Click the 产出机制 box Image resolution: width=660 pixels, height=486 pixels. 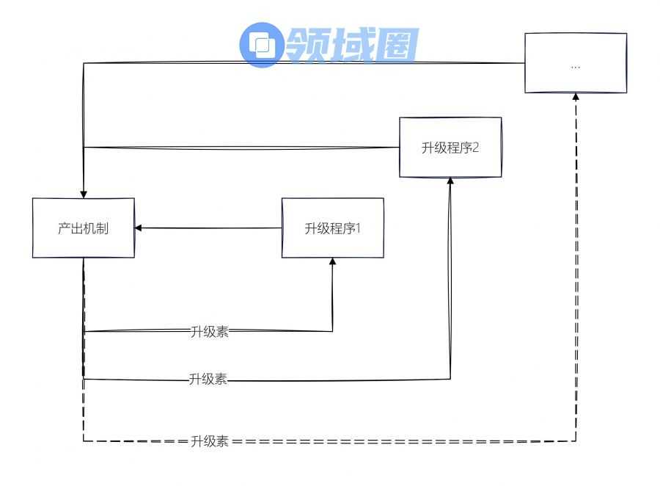pos(84,228)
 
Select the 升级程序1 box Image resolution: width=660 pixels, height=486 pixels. pos(333,228)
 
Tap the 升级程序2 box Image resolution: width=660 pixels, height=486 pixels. pos(450,147)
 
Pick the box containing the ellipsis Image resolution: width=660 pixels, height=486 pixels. pos(576,63)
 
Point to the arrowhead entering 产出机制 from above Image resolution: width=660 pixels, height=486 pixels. pos(84,194)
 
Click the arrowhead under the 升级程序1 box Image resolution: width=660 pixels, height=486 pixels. pos(333,262)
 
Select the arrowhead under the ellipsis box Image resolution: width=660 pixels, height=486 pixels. pos(576,97)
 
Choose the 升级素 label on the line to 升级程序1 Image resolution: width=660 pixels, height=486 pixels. pos(209,331)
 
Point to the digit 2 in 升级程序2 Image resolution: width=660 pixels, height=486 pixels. pos(476,147)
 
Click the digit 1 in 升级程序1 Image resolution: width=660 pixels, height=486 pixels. pos(359,228)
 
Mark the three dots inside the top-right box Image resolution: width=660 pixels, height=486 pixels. pos(576,65)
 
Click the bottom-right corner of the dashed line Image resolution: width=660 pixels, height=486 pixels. pos(576,441)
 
